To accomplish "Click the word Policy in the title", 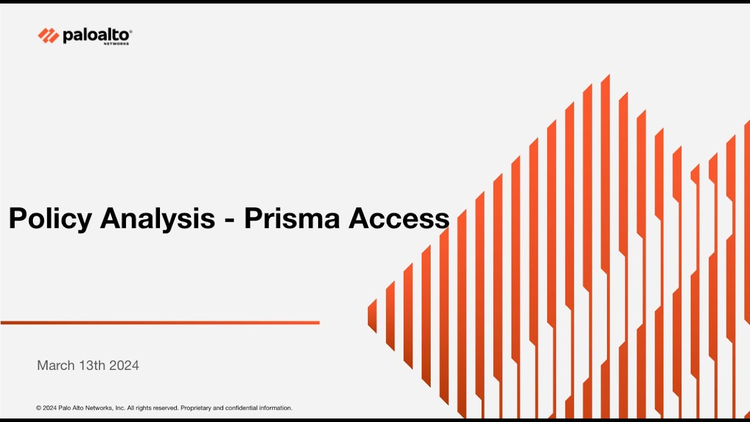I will tap(50, 219).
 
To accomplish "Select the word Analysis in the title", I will tap(158, 219).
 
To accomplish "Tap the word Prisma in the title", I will tap(291, 219).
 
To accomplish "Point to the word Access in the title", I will tap(399, 219).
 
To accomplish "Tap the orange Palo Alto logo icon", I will tap(49, 36).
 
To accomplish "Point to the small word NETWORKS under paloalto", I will tap(116, 44).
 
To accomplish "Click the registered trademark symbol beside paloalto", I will tap(130, 31).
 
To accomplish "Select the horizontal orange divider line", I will tap(160, 322).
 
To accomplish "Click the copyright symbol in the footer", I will tap(39, 408).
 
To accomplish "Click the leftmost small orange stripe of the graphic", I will tap(372, 315).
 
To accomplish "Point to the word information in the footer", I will tap(276, 408).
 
